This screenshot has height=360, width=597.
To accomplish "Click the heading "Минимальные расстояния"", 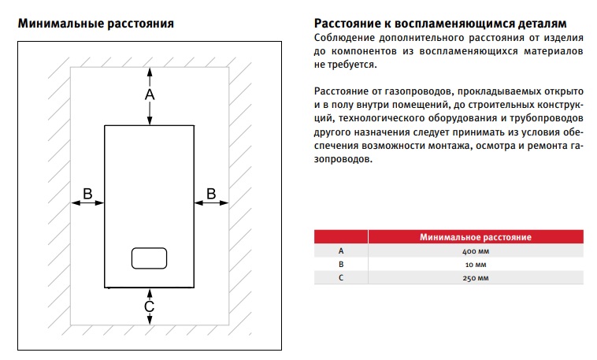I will point(95,24).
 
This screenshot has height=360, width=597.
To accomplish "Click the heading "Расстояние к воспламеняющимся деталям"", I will point(439,24).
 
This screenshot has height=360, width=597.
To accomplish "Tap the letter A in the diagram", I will point(150,95).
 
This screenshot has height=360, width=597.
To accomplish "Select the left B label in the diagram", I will point(88,193).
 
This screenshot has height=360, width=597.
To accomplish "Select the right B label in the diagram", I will point(211,193).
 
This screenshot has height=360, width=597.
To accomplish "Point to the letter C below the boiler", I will point(149,306).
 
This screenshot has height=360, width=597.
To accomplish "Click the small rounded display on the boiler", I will point(149,257).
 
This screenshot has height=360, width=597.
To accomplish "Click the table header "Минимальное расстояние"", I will point(476,236).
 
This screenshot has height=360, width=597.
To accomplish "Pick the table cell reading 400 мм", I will point(476,251).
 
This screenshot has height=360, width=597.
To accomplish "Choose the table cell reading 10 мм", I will point(476,265).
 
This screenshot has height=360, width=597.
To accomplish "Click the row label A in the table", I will point(341,251).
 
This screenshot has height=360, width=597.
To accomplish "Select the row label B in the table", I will point(341,265).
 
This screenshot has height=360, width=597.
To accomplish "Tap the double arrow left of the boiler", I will point(87,203).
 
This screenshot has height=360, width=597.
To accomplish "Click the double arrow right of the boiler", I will point(211,203).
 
